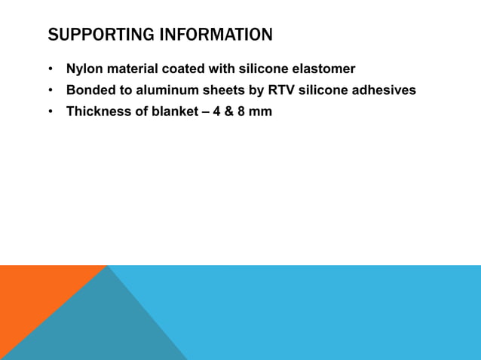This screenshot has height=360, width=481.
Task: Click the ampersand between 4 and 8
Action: pos(228,112)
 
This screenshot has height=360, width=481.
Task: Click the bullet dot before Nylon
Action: pos(50,70)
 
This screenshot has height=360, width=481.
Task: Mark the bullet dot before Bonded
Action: pos(50,91)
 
